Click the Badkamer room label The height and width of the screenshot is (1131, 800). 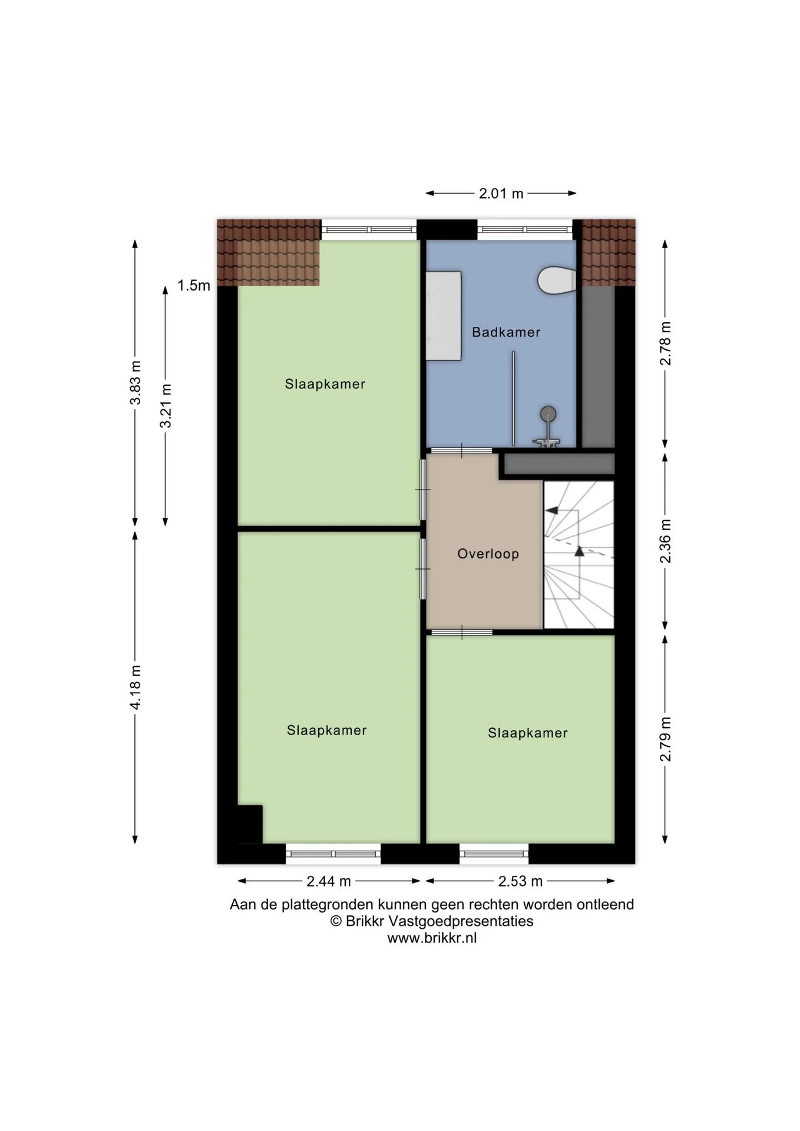pyautogui.click(x=506, y=332)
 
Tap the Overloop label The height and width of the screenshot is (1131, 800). pyautogui.click(x=488, y=554)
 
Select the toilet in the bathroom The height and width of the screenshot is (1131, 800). pyautogui.click(x=557, y=280)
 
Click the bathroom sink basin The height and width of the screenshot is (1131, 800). pyautogui.click(x=443, y=315)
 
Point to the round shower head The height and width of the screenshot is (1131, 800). pyautogui.click(x=548, y=414)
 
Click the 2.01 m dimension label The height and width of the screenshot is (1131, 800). pyautogui.click(x=501, y=193)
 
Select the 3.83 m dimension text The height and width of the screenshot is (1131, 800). pyautogui.click(x=135, y=383)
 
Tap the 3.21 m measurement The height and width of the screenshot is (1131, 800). pyautogui.click(x=166, y=406)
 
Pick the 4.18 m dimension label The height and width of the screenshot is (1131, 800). pyautogui.click(x=135, y=687)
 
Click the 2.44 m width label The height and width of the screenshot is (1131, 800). pyautogui.click(x=329, y=881)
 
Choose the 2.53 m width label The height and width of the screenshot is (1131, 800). pyautogui.click(x=520, y=881)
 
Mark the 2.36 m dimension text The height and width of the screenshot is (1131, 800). pyautogui.click(x=665, y=541)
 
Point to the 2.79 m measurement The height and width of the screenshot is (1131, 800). pyautogui.click(x=665, y=739)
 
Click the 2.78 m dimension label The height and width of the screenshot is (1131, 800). pyautogui.click(x=665, y=343)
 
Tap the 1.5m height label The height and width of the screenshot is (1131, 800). pyautogui.click(x=194, y=286)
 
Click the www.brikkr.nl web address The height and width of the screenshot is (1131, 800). pyautogui.click(x=432, y=938)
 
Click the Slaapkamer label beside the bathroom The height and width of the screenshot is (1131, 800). pyautogui.click(x=325, y=384)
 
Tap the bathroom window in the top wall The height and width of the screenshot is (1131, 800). pyautogui.click(x=525, y=230)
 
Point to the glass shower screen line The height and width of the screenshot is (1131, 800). pyautogui.click(x=513, y=399)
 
